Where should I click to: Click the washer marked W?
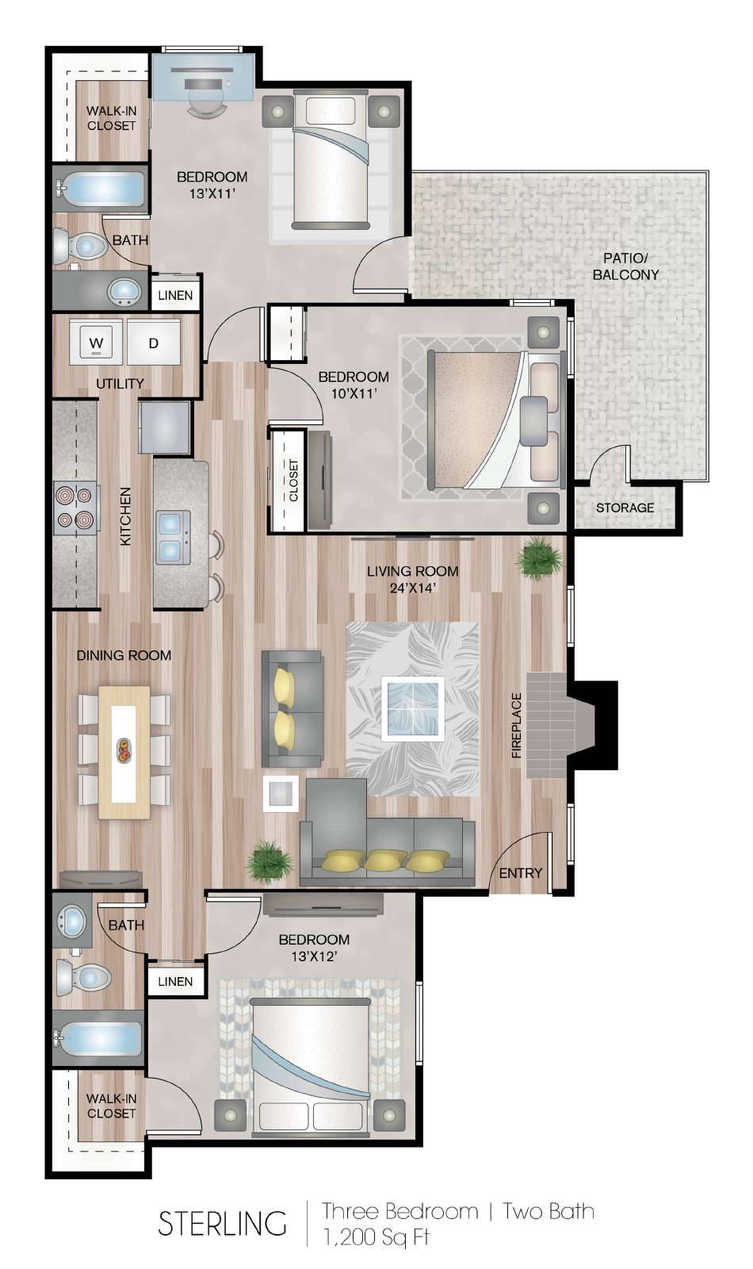click(96, 342)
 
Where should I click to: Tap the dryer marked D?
click(154, 342)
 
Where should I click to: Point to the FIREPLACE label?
click(516, 725)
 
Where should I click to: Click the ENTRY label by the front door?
click(520, 873)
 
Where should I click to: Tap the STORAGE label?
click(625, 508)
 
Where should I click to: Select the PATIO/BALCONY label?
click(625, 266)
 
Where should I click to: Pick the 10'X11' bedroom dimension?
click(354, 393)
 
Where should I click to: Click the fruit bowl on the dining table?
click(124, 750)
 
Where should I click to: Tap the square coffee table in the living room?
click(412, 708)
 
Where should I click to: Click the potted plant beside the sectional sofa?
click(270, 862)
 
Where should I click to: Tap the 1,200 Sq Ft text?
click(376, 1236)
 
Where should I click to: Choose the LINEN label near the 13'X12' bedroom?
click(175, 981)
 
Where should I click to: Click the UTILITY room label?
click(120, 384)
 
